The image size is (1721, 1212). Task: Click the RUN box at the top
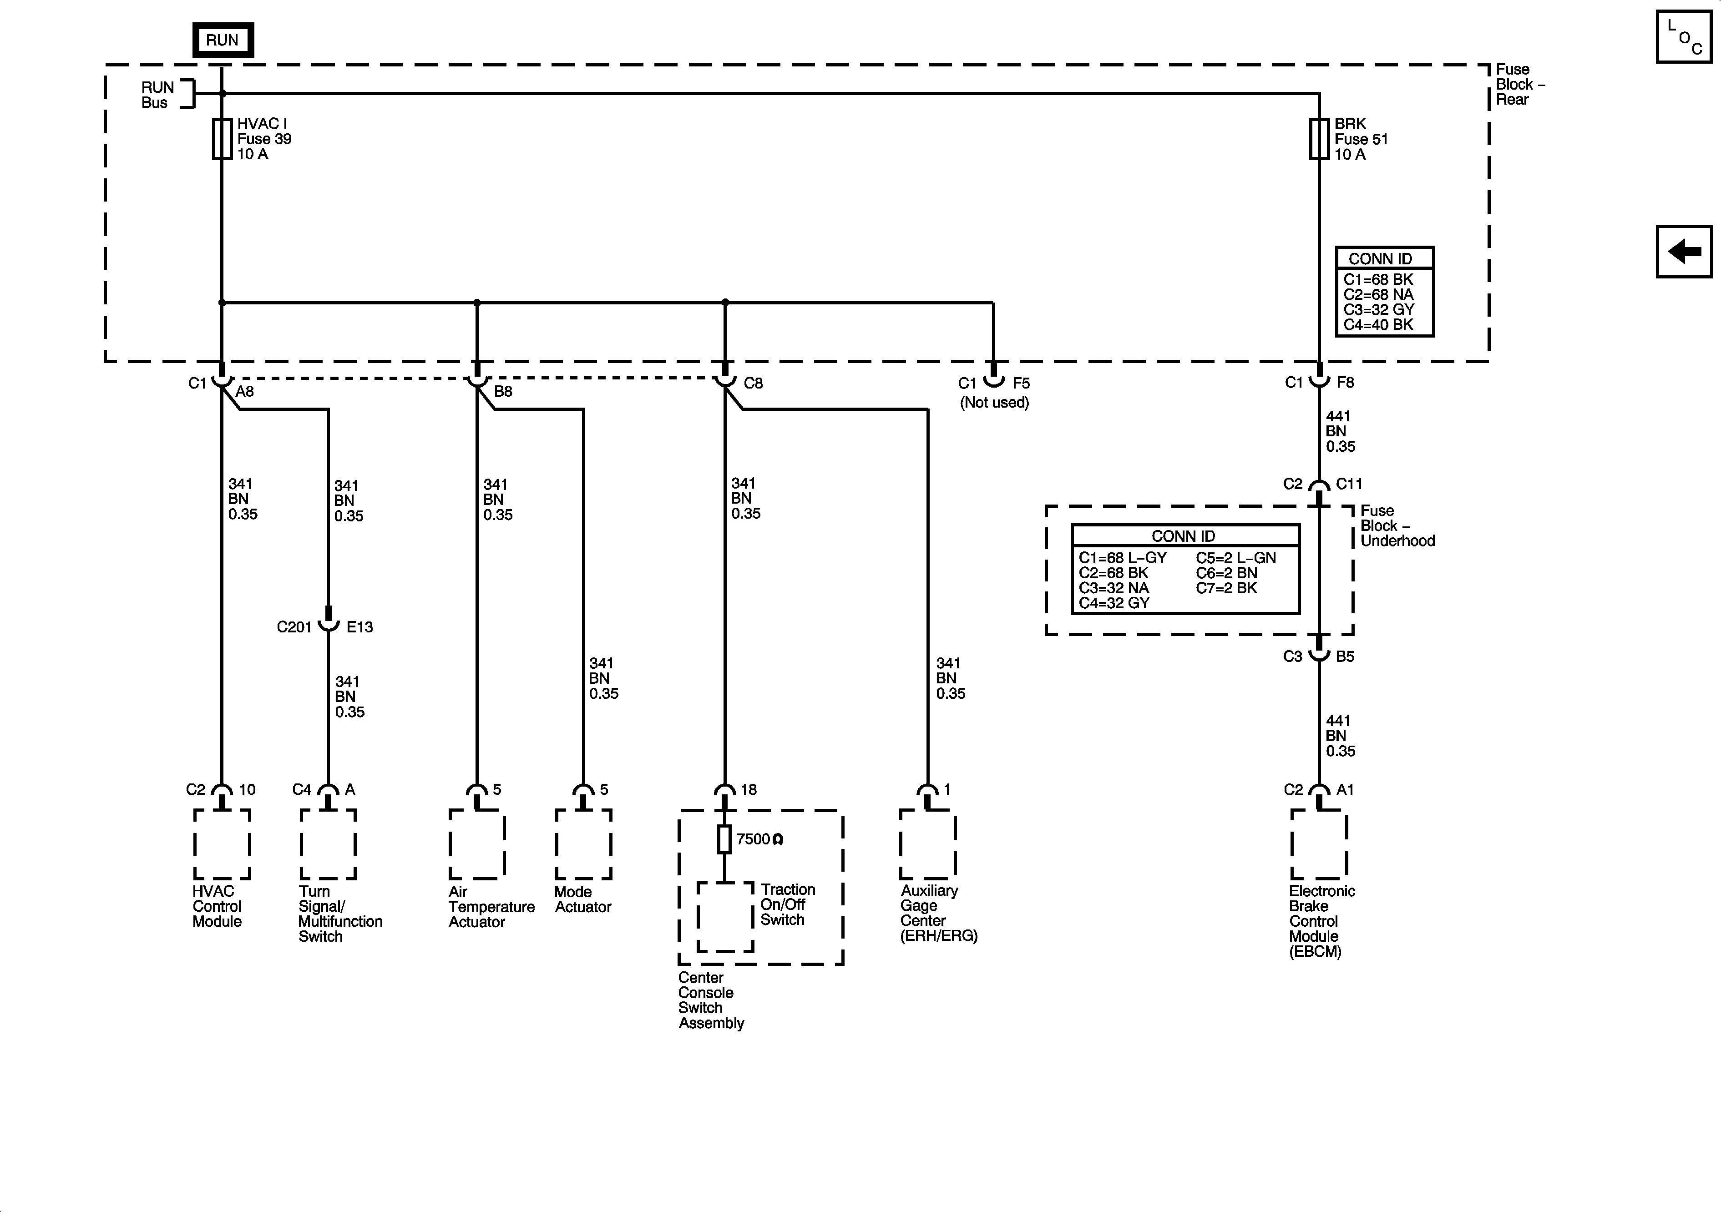223,40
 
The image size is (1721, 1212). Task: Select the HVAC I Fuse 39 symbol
222,139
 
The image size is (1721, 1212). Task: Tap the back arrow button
1684,251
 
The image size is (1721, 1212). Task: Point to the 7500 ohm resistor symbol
724,839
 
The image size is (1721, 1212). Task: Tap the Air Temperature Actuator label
491,907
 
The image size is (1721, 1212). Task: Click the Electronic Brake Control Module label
1321,921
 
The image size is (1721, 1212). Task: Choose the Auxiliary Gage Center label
938,913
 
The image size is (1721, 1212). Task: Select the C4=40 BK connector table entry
1378,324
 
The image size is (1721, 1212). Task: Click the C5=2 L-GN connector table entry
1235,558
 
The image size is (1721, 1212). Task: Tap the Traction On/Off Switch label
787,905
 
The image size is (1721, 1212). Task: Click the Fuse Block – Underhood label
1397,525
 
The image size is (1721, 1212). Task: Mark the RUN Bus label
157,95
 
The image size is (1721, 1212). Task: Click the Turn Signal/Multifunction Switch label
339,914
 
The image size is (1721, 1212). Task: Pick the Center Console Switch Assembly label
711,1000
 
